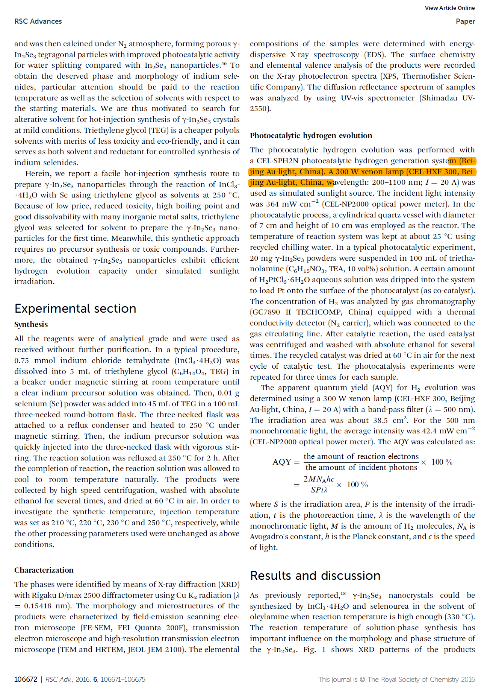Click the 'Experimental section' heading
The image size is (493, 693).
[75, 309]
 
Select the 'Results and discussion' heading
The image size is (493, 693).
[315, 576]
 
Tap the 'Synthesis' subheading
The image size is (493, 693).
[31, 324]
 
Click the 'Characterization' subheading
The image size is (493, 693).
[44, 570]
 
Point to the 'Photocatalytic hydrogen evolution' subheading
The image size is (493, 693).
[311, 135]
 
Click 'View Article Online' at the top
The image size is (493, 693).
[450, 8]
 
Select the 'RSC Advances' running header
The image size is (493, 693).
[38, 21]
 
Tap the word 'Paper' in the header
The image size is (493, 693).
[465, 21]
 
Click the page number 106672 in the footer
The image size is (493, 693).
[26, 679]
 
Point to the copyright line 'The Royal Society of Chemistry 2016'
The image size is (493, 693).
[421, 679]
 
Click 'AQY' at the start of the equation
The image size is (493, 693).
[282, 462]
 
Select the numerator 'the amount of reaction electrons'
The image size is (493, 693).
[361, 457]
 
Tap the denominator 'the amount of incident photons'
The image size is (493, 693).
[361, 468]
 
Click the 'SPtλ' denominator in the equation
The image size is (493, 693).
[319, 490]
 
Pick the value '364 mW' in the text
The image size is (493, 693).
[280, 204]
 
